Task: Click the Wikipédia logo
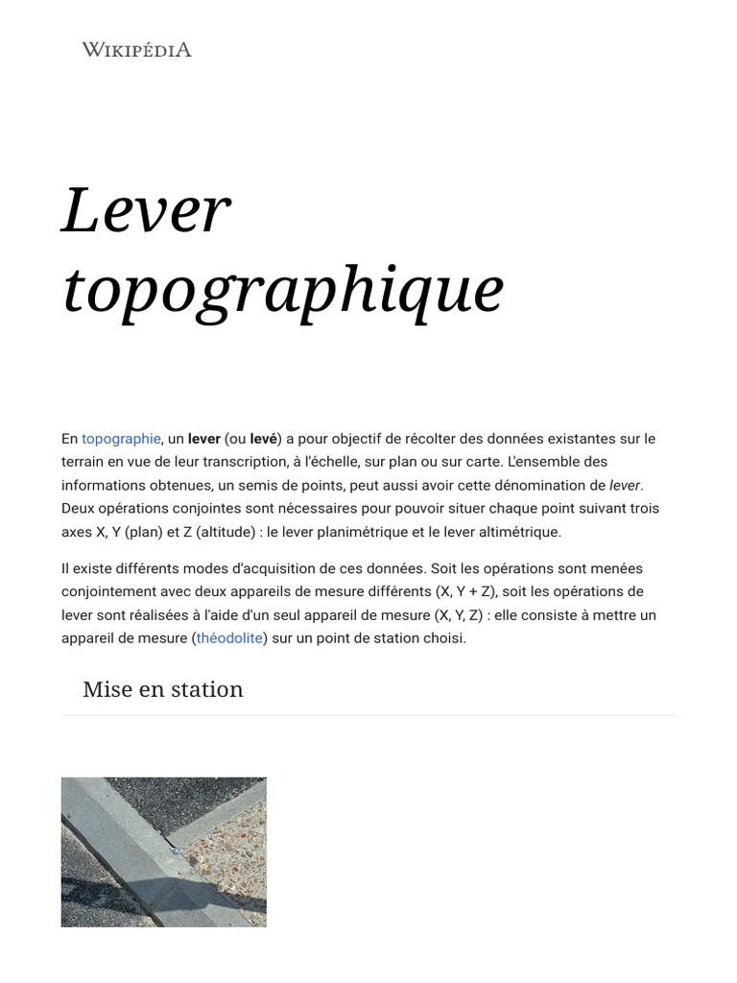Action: (136, 49)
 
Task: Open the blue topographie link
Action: (121, 439)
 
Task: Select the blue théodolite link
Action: (229, 638)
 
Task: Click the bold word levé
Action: (264, 439)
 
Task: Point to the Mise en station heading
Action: (163, 689)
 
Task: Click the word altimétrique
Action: (513, 532)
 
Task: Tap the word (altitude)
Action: (234, 532)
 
